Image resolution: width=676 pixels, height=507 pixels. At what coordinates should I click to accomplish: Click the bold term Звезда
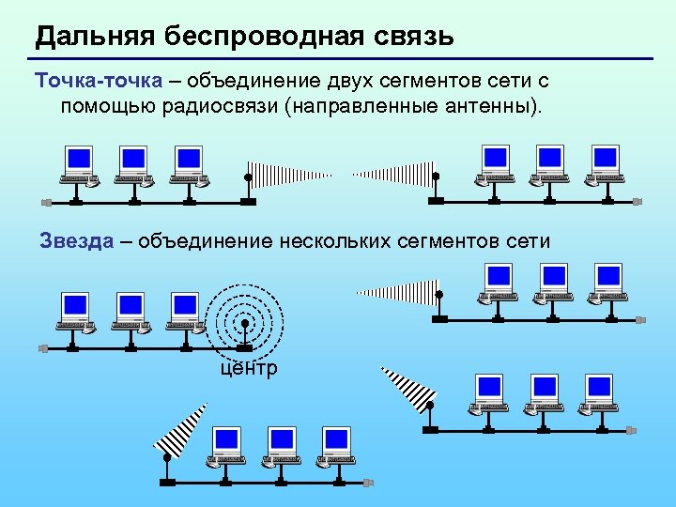pos(76,240)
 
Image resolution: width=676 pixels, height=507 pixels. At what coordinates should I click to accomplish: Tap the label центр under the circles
pos(249,368)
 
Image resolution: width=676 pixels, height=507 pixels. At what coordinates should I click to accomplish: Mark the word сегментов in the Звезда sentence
pos(445,240)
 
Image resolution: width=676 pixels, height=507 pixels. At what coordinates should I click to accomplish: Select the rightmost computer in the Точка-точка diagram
pos(606,163)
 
